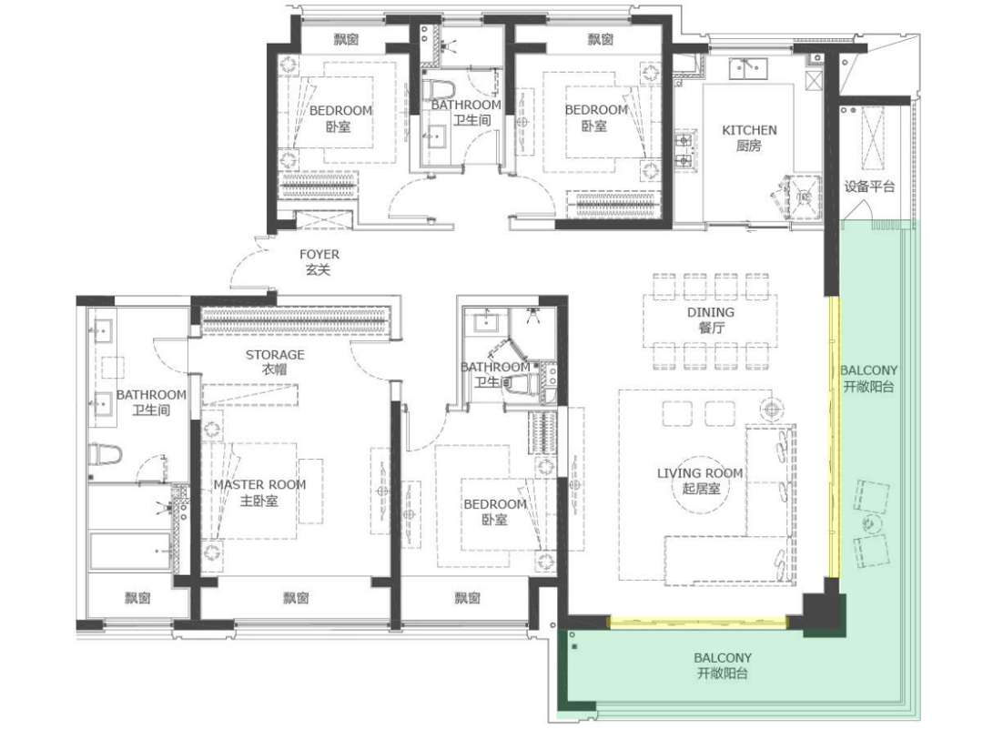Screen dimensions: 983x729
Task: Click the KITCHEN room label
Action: coord(749,130)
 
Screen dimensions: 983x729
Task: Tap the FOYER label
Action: coord(319,255)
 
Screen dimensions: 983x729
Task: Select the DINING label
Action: coord(710,312)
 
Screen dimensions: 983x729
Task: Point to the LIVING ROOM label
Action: coord(700,473)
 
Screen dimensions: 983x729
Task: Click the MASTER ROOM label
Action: coord(259,484)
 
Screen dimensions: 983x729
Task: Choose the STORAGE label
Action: coord(275,355)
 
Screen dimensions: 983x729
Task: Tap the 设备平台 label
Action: coord(869,187)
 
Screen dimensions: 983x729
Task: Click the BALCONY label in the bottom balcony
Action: coord(722,658)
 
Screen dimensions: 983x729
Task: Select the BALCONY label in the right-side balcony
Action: coord(868,370)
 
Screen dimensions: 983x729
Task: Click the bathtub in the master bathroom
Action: coord(130,552)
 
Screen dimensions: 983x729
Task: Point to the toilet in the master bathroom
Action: coord(104,454)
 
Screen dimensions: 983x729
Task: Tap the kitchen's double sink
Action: coord(748,68)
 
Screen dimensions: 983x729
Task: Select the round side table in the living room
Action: coord(772,410)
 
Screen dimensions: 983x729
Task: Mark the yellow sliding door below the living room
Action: coord(698,622)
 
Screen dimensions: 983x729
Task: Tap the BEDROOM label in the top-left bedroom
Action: coord(340,111)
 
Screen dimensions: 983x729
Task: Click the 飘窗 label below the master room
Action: coord(295,598)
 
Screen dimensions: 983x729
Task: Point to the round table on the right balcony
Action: coord(869,523)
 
